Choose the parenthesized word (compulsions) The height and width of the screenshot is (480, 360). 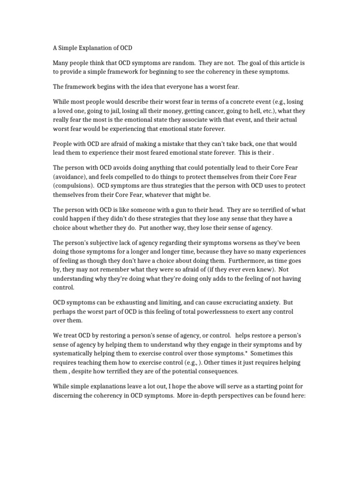click(x=75, y=186)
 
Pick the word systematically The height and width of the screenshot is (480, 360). click(x=76, y=354)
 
